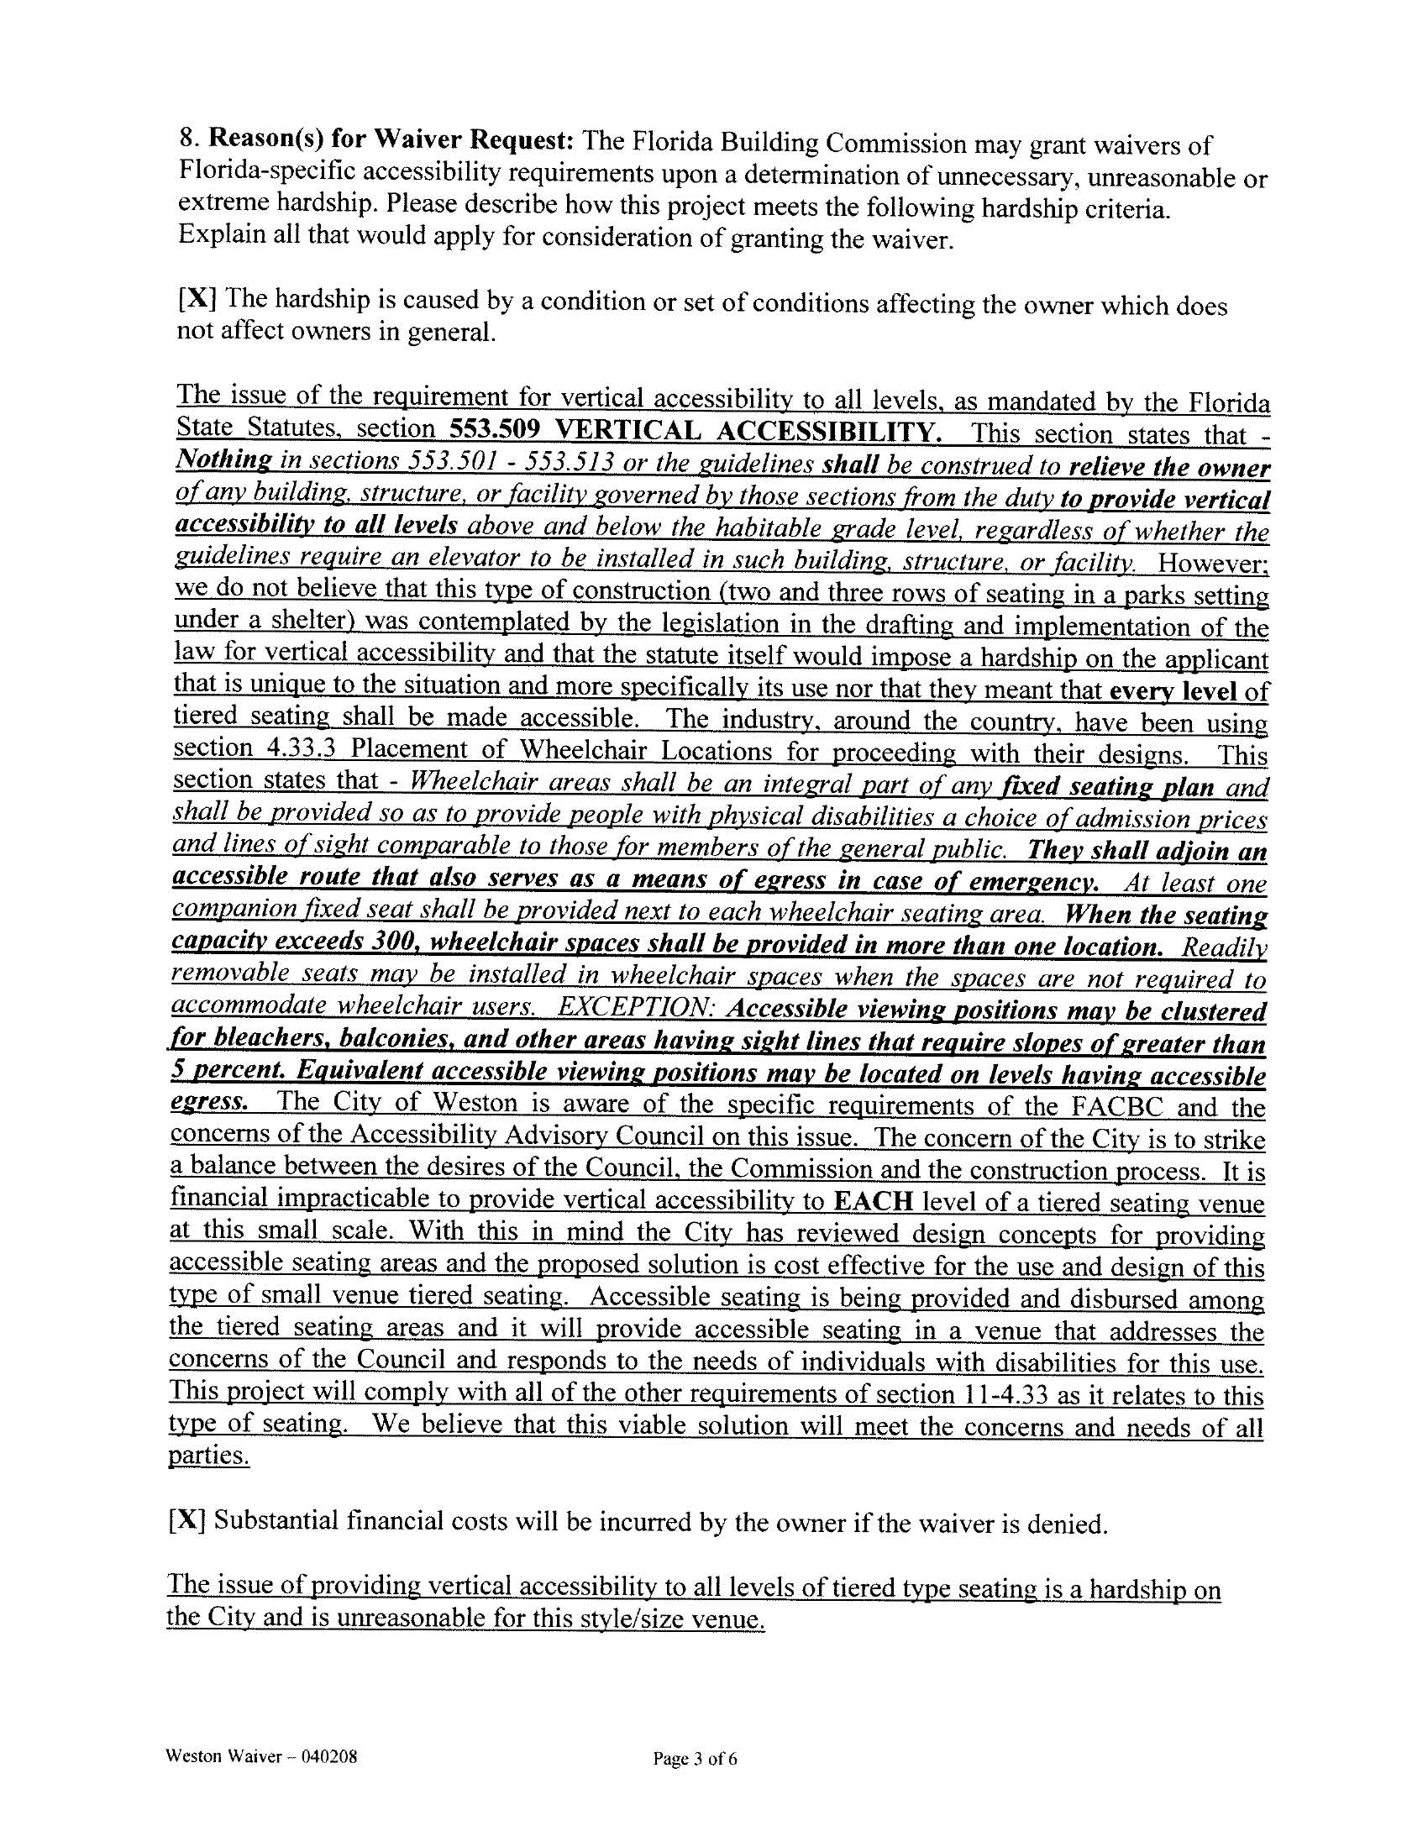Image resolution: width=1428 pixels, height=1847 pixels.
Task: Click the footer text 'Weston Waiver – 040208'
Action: [x=261, y=1755]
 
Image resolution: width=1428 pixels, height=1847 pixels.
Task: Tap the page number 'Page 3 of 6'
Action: [x=695, y=1759]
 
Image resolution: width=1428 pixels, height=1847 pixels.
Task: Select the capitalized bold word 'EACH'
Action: [x=873, y=1202]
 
